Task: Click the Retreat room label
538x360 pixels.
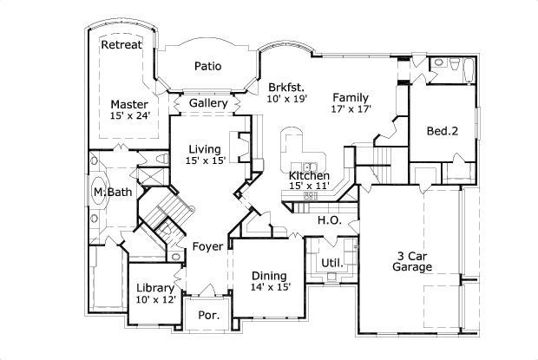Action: click(x=121, y=45)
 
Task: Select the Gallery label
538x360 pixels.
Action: click(x=208, y=103)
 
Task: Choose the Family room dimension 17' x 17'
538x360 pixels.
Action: click(x=351, y=110)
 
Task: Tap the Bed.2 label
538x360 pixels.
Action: click(x=442, y=132)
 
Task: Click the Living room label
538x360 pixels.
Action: click(x=205, y=148)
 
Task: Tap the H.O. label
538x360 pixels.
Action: click(x=328, y=220)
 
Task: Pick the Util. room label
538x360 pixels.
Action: click(x=331, y=263)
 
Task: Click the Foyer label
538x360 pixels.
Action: click(x=208, y=246)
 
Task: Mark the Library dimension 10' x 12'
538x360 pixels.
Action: click(x=155, y=300)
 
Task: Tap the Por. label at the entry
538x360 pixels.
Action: click(x=209, y=316)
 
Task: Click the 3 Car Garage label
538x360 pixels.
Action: click(x=414, y=262)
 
